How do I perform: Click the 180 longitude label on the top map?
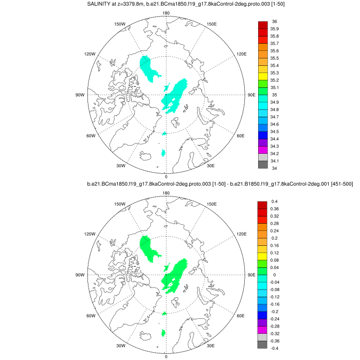(166, 13)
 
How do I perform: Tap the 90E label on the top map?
(251, 95)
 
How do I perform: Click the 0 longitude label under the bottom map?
(166, 356)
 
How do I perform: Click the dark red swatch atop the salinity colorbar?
(262, 25)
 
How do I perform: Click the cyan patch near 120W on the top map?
(150, 70)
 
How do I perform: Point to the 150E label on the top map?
(211, 24)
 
